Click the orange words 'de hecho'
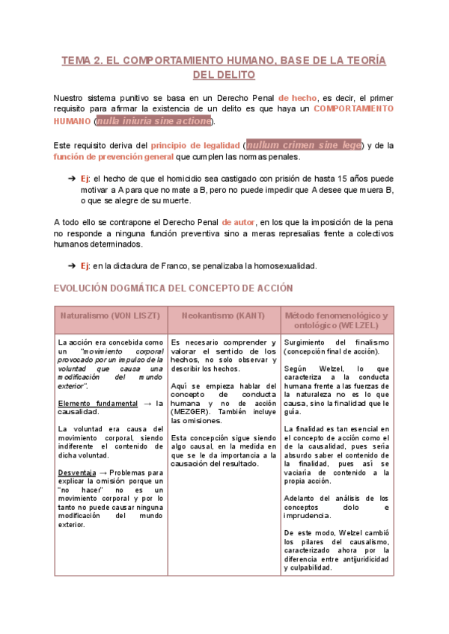click(x=297, y=97)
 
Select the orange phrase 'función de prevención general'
click(x=113, y=157)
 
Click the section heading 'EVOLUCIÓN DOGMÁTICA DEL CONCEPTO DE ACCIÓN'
click(x=173, y=288)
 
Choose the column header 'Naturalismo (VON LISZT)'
click(x=111, y=316)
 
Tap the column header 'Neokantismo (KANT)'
click(x=224, y=316)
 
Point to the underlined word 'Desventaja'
click(x=78, y=473)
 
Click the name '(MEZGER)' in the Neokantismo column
click(x=192, y=411)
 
